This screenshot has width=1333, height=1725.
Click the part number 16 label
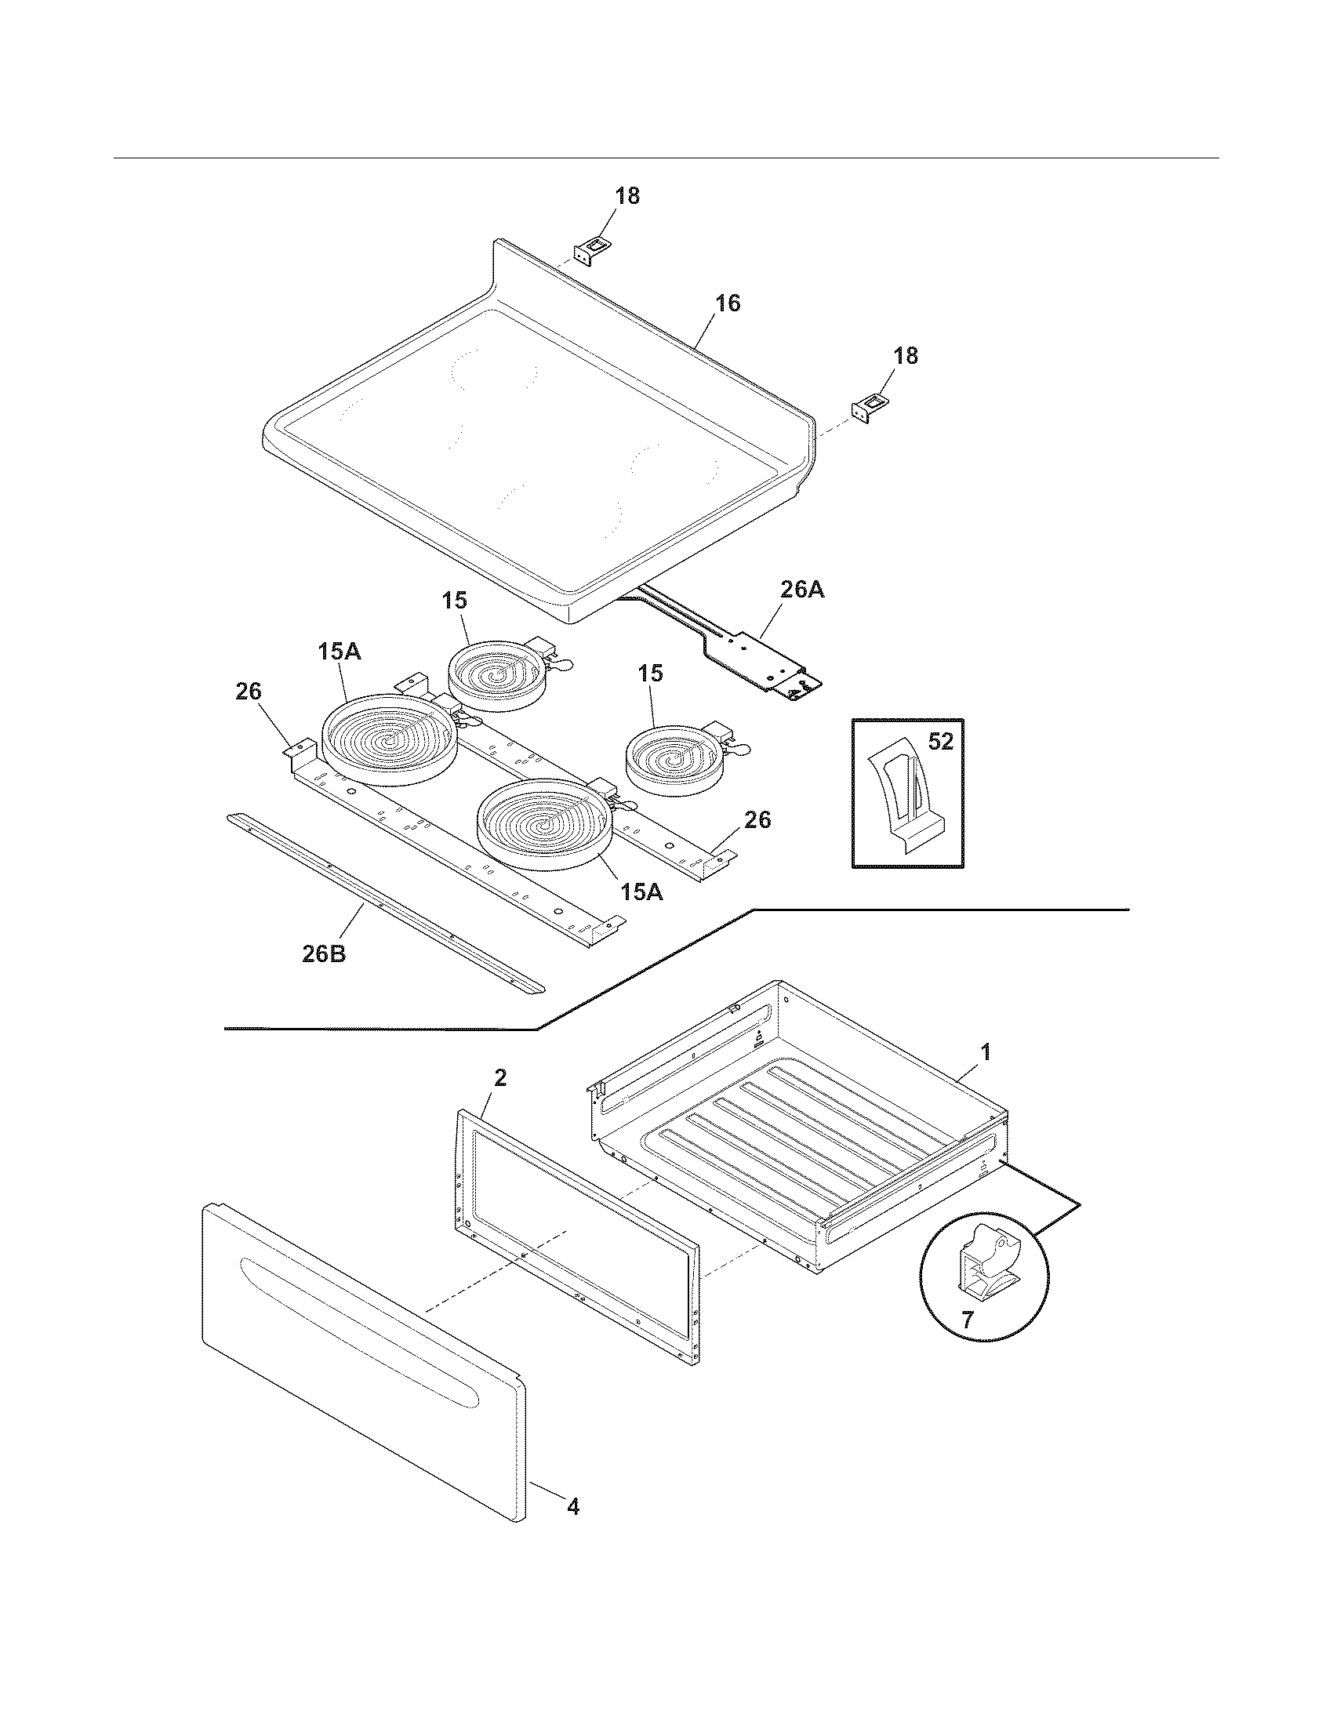point(728,303)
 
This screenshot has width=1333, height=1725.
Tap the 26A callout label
point(801,590)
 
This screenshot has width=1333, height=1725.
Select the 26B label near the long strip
point(324,953)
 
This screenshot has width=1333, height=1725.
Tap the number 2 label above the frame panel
point(501,1078)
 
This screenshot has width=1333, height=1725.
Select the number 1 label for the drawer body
point(985,1051)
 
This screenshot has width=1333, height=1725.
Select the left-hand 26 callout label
point(248,691)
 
